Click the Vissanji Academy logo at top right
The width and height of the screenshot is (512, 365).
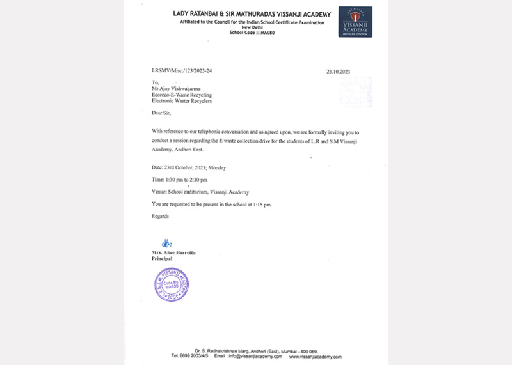355,22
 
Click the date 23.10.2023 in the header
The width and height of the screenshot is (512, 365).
337,72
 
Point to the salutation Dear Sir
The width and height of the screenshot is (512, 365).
162,113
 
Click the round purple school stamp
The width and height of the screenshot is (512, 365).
172,284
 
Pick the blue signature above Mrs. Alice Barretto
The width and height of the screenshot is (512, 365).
166,243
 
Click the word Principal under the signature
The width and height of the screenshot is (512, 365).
163,259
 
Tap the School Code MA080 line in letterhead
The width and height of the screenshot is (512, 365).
250,32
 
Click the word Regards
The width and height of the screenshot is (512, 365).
160,216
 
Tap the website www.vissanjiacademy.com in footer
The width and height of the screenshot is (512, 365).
314,357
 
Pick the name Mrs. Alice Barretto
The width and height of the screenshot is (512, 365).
173,252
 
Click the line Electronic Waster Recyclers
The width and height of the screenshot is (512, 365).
182,101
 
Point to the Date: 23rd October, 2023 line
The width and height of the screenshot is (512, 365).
189,167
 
